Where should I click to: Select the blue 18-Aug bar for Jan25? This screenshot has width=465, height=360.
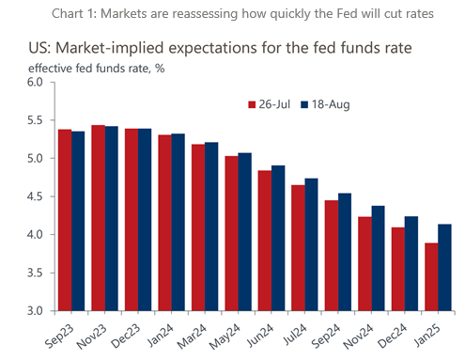click(444, 267)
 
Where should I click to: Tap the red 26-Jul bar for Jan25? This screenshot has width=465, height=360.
click(430, 276)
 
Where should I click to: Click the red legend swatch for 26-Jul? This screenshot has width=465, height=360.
click(251, 104)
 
